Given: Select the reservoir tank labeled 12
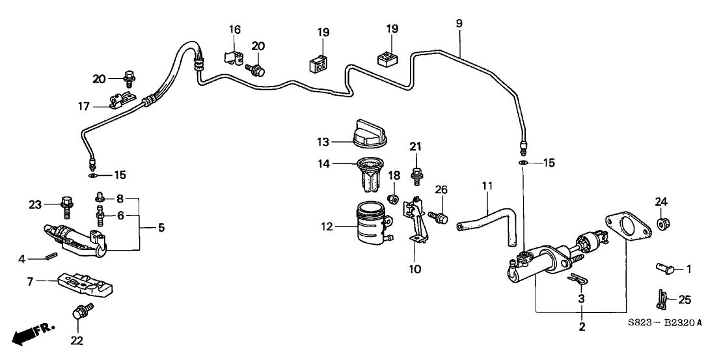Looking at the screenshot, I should (372, 226).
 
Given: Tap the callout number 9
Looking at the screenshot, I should (459, 24).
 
